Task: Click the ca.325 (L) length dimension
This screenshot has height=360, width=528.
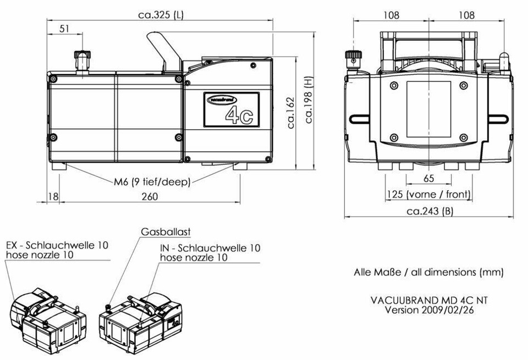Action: pyautogui.click(x=160, y=15)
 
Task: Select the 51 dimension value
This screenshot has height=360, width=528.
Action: pyautogui.click(x=65, y=29)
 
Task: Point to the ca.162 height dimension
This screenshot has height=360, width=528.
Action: pyautogui.click(x=291, y=112)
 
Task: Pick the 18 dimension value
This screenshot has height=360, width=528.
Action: pyautogui.click(x=52, y=197)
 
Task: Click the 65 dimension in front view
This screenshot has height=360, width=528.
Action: pyautogui.click(x=428, y=179)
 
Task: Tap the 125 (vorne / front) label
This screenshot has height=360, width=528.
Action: pyautogui.click(x=428, y=195)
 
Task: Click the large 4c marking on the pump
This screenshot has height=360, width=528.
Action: pyautogui.click(x=239, y=115)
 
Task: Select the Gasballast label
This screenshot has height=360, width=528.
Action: pyautogui.click(x=166, y=232)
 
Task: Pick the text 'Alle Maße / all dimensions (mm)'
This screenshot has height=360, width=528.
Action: pyautogui.click(x=428, y=272)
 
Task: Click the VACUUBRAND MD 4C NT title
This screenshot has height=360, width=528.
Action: pyautogui.click(x=428, y=301)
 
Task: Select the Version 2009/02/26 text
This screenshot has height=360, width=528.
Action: pyautogui.click(x=428, y=309)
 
